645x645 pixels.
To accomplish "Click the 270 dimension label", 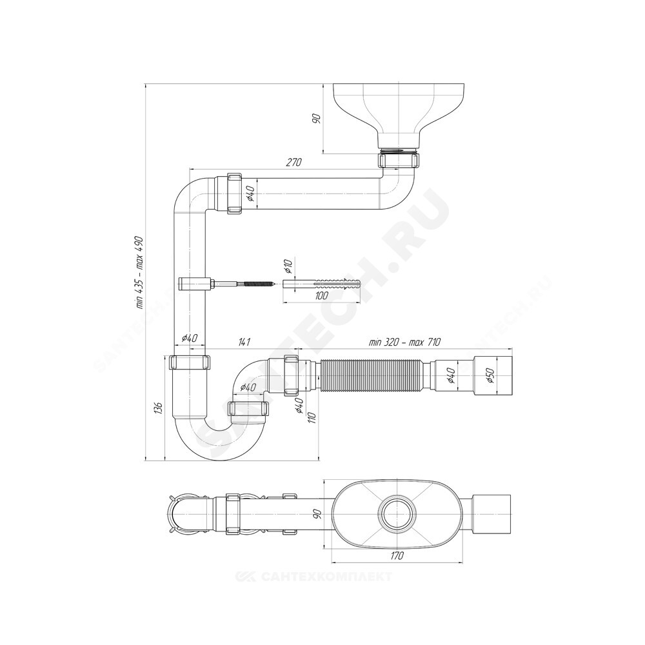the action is (x=293, y=162).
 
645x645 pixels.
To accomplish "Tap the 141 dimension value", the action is (x=244, y=342).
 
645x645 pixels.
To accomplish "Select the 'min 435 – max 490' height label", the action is (x=139, y=272).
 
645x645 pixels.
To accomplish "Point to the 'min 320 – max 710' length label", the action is (x=404, y=342).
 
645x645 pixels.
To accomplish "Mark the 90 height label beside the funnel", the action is (x=316, y=119).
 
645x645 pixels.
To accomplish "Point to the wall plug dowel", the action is (x=322, y=284).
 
